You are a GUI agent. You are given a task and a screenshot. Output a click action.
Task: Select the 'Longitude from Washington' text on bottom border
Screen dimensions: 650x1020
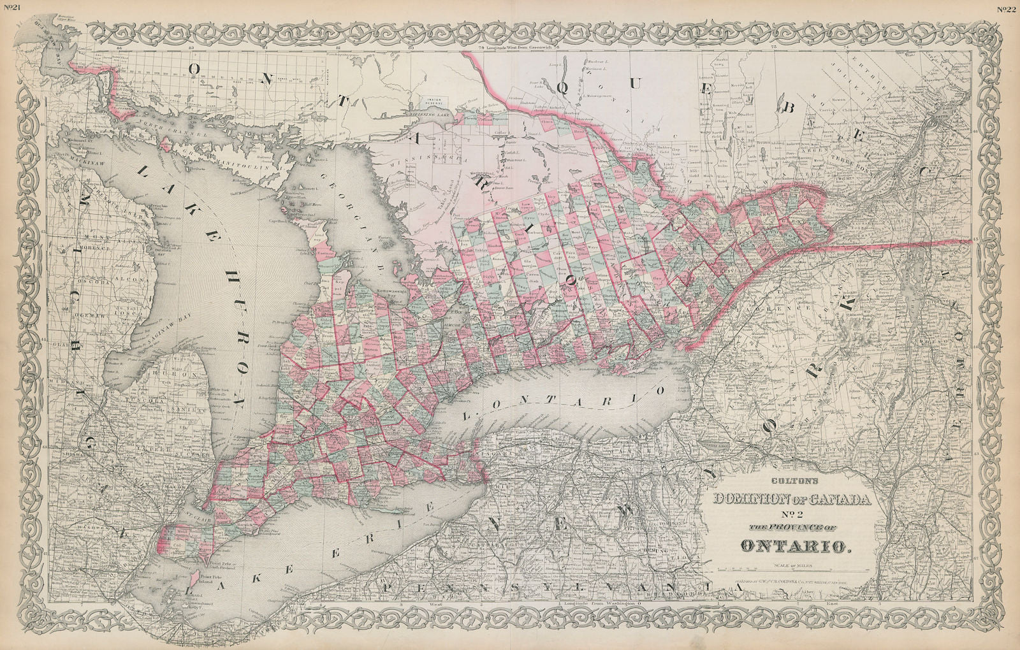point(598,602)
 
